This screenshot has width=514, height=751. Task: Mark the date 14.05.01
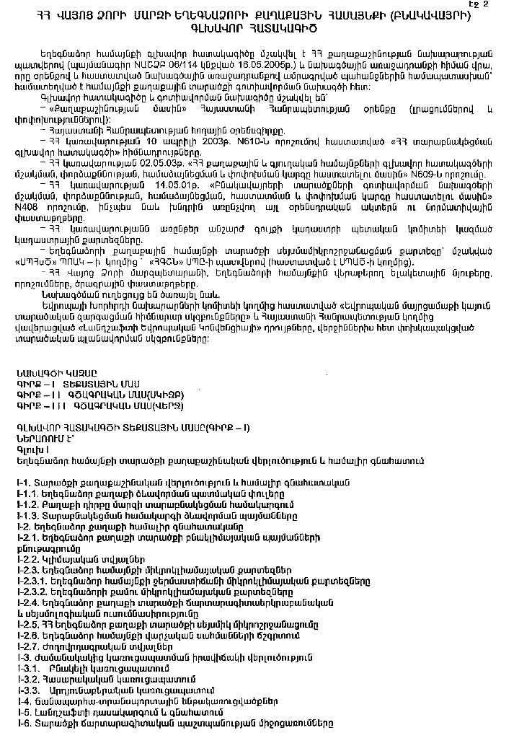pyautogui.click(x=160, y=194)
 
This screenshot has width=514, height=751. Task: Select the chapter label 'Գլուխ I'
pyautogui.click(x=29, y=449)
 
